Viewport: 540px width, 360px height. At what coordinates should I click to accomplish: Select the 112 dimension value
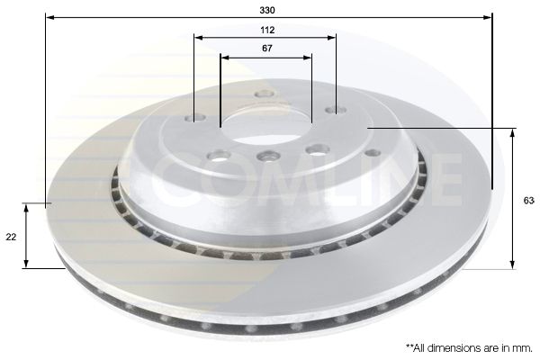[267, 29]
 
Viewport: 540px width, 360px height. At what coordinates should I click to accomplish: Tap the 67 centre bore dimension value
[267, 49]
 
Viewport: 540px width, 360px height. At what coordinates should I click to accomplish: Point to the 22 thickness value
[11, 237]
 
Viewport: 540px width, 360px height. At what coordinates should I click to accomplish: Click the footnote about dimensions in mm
[468, 346]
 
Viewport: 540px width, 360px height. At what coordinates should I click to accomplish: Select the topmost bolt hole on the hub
[264, 94]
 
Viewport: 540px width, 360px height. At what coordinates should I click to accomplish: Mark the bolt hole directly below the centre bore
[265, 157]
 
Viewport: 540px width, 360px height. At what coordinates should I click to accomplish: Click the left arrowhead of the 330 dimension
[48, 17]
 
